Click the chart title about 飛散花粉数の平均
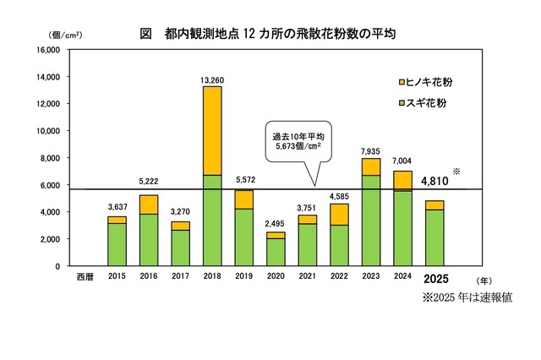click(x=268, y=35)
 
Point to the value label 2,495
click(x=276, y=224)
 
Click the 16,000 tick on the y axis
click(x=43, y=50)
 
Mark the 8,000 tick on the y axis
click(x=46, y=158)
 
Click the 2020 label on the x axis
click(x=276, y=277)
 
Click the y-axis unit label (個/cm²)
click(x=57, y=35)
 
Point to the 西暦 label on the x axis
click(x=85, y=277)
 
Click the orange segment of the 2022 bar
click(x=338, y=215)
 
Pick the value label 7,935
click(x=370, y=150)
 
